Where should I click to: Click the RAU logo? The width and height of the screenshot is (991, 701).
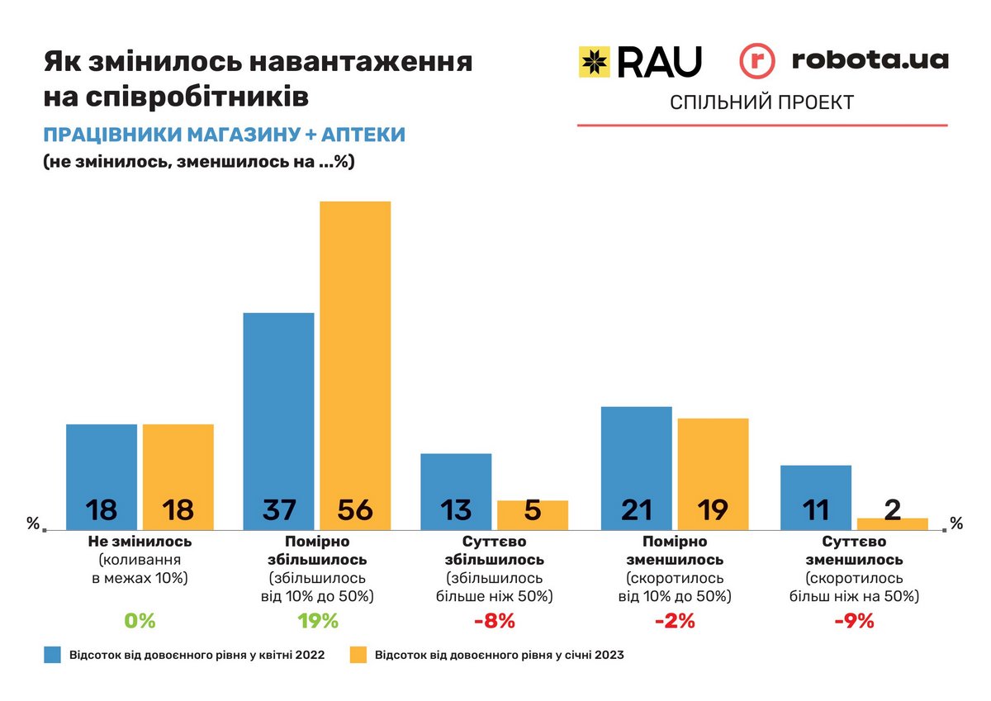click(x=640, y=62)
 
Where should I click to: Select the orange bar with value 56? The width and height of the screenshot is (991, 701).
click(x=355, y=363)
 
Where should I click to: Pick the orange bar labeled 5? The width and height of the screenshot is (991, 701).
click(x=533, y=514)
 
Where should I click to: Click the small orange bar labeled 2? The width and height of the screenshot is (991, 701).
click(x=893, y=523)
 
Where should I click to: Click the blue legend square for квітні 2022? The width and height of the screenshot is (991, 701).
click(x=54, y=656)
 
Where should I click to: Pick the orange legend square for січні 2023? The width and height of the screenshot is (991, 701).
click(x=358, y=656)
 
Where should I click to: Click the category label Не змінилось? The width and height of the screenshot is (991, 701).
click(x=140, y=542)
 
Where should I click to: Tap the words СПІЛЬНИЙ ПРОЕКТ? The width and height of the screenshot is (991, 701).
click(x=761, y=102)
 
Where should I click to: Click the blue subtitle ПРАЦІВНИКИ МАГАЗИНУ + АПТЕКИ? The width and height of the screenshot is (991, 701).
click(x=224, y=135)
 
